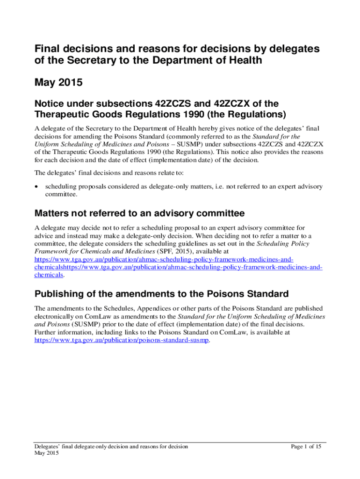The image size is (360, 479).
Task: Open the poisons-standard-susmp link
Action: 122,340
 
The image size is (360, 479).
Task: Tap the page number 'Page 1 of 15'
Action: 306,446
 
